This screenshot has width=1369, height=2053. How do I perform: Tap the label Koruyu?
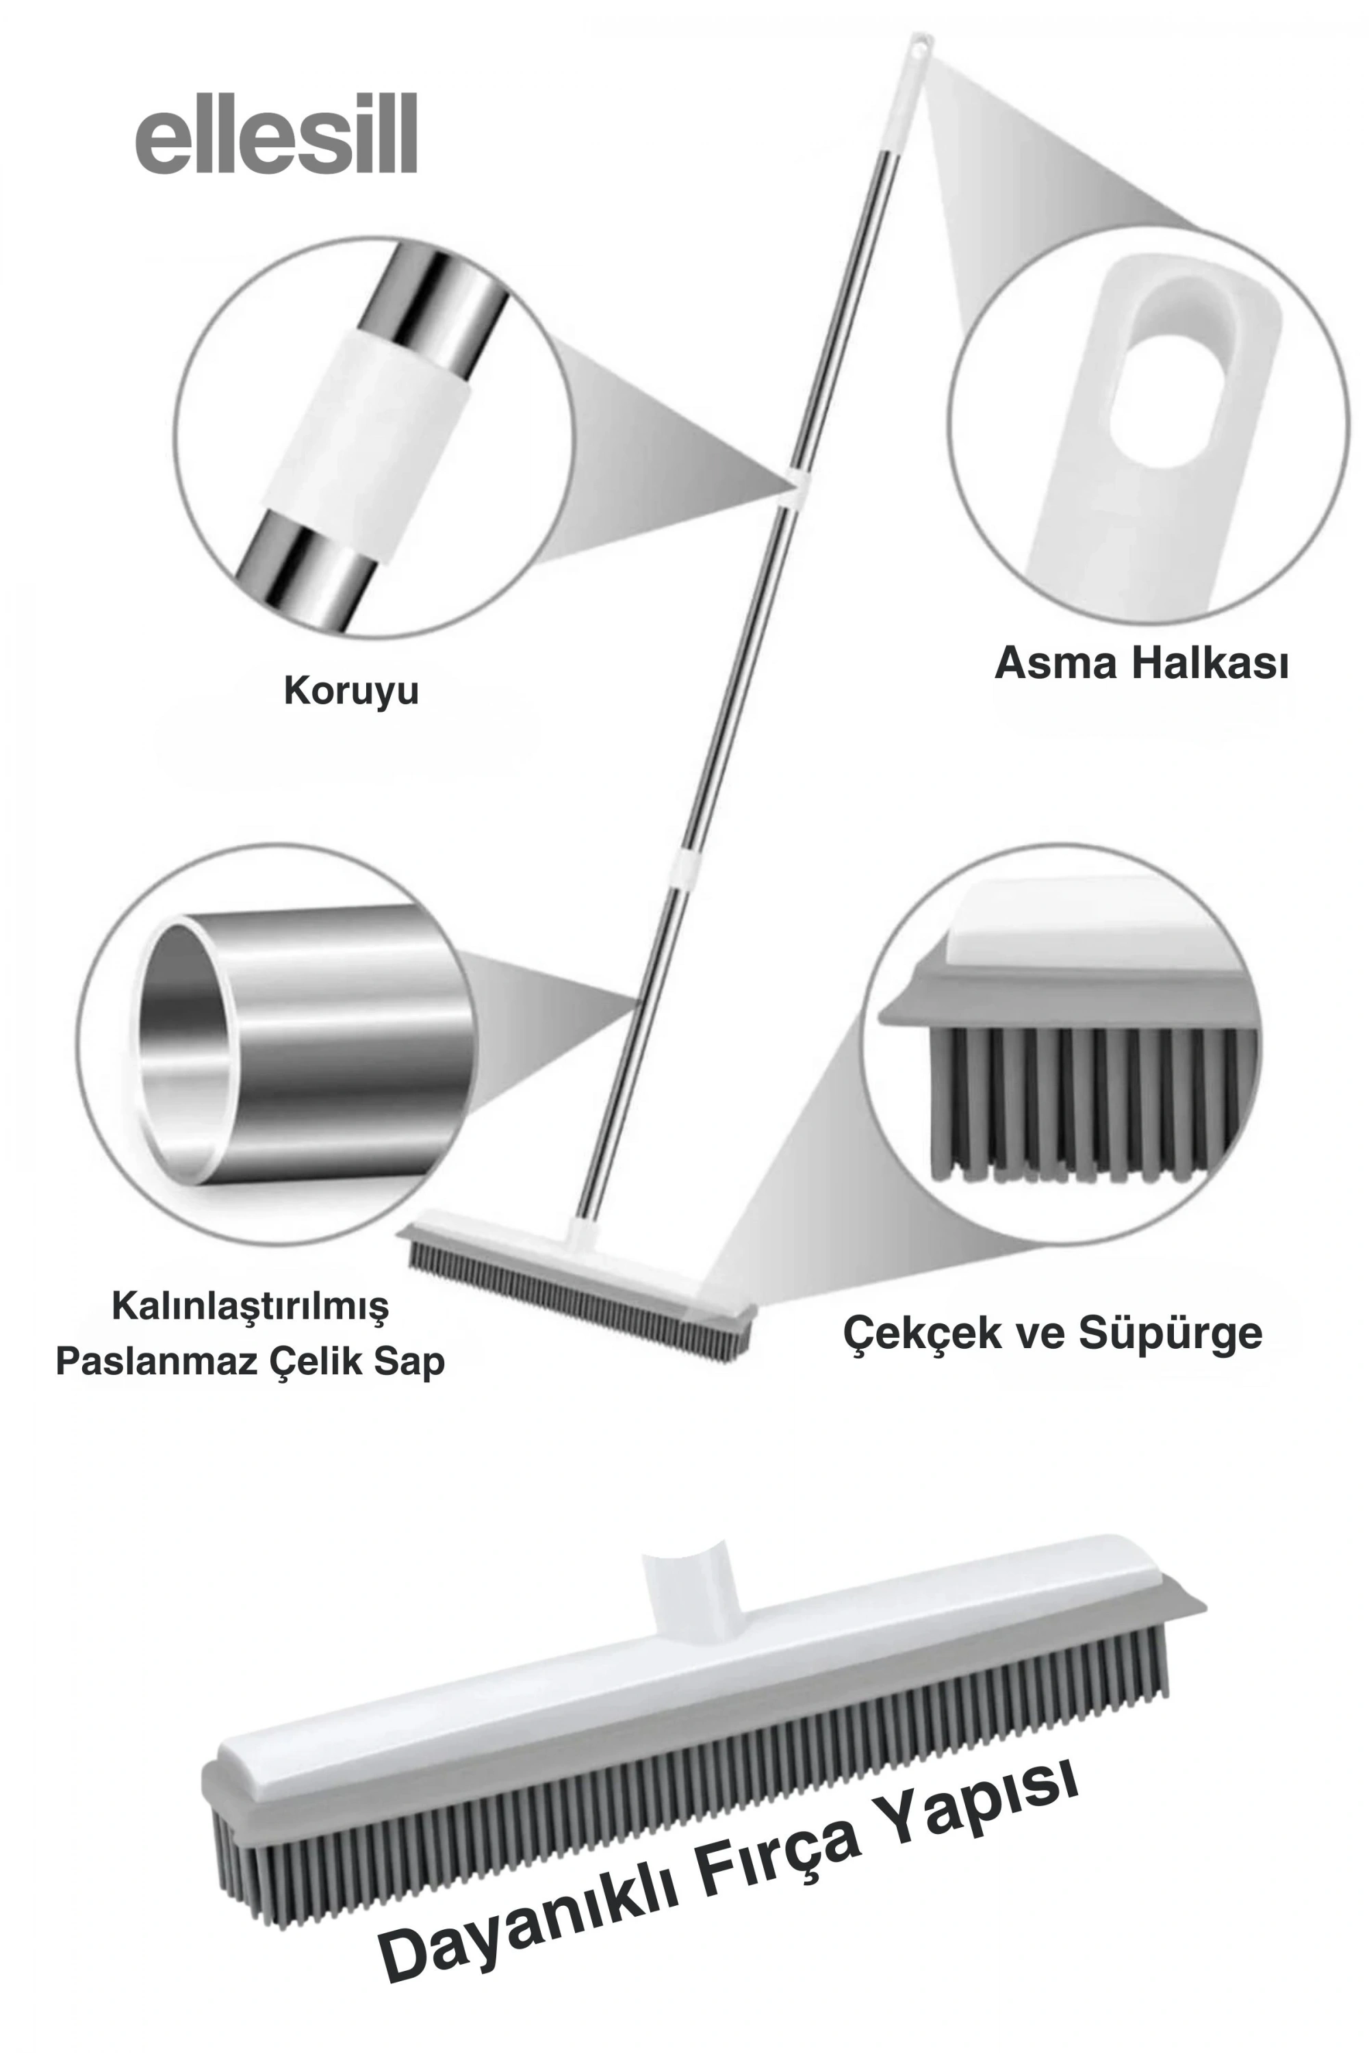(x=351, y=691)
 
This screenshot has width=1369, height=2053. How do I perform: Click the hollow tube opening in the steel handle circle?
(x=179, y=1048)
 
